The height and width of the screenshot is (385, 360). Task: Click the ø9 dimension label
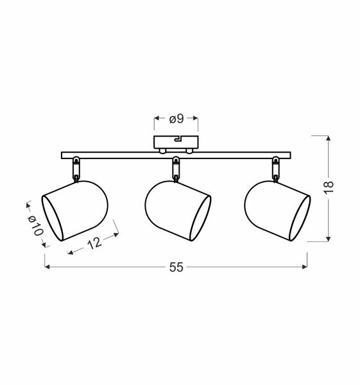pyautogui.click(x=176, y=119)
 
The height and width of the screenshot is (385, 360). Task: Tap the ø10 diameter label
pyautogui.click(x=36, y=226)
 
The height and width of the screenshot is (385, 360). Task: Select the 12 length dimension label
pyautogui.click(x=94, y=243)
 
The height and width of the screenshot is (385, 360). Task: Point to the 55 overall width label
pyautogui.click(x=176, y=267)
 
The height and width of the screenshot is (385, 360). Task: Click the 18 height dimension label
pyautogui.click(x=329, y=187)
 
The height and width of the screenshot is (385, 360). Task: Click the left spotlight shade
pyautogui.click(x=75, y=210)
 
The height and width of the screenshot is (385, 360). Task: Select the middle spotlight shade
pyautogui.click(x=178, y=210)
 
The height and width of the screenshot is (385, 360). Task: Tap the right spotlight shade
pyautogui.click(x=277, y=210)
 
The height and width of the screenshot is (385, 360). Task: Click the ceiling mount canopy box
pyautogui.click(x=176, y=142)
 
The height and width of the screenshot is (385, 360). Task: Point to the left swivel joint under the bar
pyautogui.click(x=76, y=169)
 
